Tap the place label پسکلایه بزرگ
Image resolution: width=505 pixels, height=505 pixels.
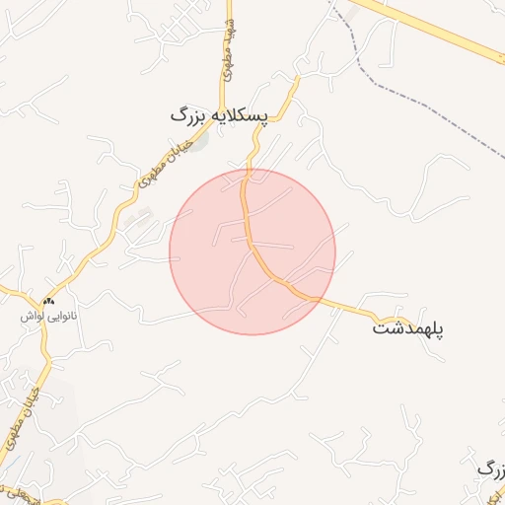[219, 115]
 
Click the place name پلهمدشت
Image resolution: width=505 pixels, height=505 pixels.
[408, 327]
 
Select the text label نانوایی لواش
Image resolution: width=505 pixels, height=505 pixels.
[48, 319]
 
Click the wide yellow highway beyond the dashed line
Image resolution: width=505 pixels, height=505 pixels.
[444, 36]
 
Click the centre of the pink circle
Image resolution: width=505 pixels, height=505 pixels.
[252, 252]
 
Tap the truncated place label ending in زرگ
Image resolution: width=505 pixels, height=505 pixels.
[490, 468]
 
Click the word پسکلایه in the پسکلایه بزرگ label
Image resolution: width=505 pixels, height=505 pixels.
[237, 115]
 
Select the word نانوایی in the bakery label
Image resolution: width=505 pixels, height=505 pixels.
[61, 319]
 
